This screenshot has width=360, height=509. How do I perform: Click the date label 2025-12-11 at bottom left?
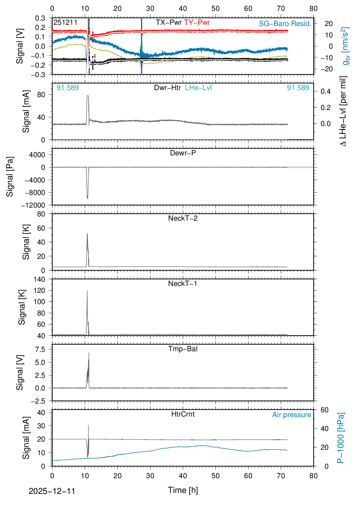coord(52,491)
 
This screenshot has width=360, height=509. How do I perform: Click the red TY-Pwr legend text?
coord(197,22)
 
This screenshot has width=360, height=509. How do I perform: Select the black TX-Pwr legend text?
coord(169,22)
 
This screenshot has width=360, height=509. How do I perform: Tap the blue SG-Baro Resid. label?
coord(285,24)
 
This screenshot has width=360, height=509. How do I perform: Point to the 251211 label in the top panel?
coord(65,22)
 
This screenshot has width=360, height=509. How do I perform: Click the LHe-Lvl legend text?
coord(198,88)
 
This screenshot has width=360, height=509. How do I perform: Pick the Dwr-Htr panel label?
coord(167,88)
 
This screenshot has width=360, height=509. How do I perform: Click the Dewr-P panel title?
coord(183,153)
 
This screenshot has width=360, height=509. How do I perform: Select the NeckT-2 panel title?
coord(183,218)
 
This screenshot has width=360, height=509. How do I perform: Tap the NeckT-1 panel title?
coord(183,284)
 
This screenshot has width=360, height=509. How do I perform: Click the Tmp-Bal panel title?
coord(183,349)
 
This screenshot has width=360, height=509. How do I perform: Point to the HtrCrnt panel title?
coord(183,414)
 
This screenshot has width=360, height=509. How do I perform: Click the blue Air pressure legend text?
coord(292,415)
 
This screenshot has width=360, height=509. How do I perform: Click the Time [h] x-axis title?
coord(183,490)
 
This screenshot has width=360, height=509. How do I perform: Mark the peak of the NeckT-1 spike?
coord(87,291)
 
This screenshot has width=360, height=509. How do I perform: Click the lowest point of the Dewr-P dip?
coord(87,199)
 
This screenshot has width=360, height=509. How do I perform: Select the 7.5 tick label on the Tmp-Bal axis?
coord(40,349)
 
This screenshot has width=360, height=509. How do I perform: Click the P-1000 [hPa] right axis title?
coord(341,438)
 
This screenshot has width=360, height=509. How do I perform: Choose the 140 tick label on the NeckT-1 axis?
coord(39,279)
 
